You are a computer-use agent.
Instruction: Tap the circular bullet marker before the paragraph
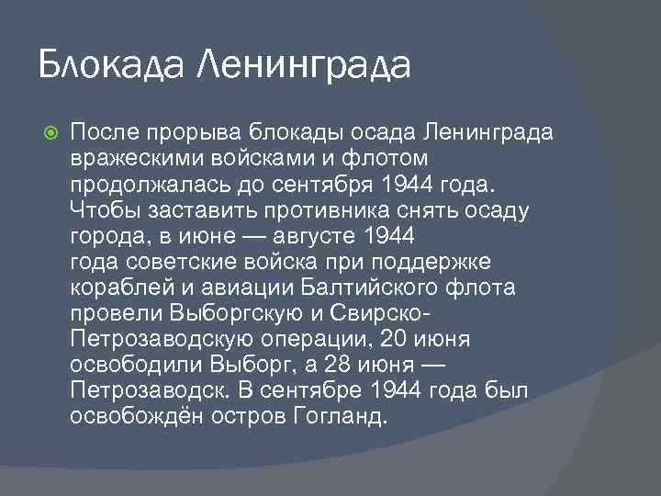pyautogui.click(x=50, y=132)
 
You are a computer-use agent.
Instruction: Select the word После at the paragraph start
pyautogui.click(x=104, y=132)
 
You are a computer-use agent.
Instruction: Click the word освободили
pyautogui.click(x=135, y=365)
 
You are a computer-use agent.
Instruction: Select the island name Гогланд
pyautogui.click(x=344, y=416)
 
